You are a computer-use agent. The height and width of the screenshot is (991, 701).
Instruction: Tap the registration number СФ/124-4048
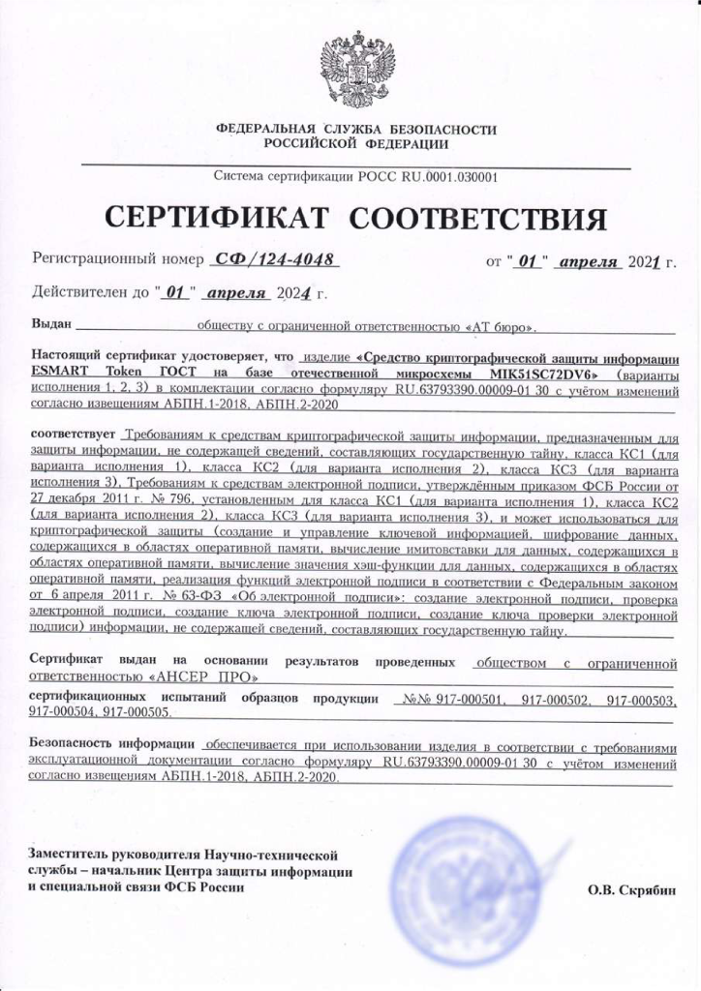tap(275, 259)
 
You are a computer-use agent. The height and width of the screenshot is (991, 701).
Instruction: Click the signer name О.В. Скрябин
tap(631, 889)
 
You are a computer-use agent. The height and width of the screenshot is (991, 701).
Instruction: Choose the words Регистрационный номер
tap(116, 259)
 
